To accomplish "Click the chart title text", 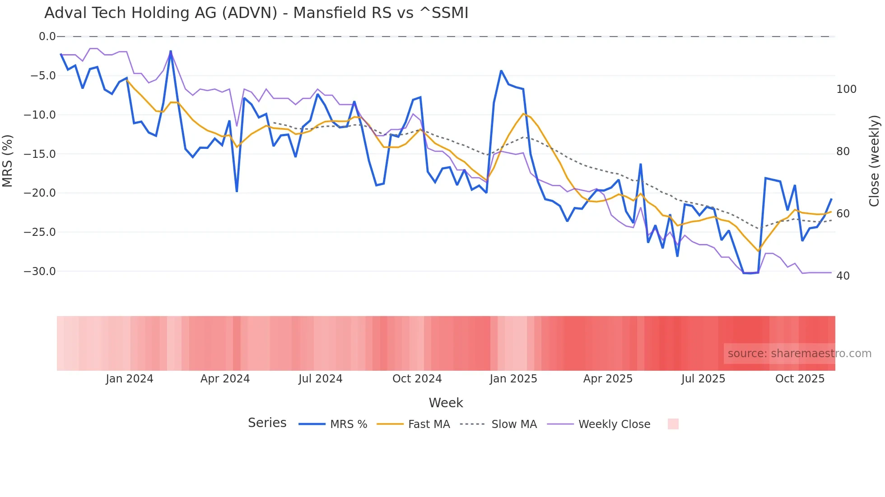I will pos(256,13).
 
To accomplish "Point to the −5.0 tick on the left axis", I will pos(43,76).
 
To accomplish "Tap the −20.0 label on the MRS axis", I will pos(40,193).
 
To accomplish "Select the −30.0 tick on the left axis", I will pos(40,272).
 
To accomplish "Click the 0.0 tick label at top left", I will pos(47,37).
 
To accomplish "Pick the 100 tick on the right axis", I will pos(846,89).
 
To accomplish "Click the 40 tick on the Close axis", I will pos(843,276).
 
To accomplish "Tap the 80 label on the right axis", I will pos(843,152).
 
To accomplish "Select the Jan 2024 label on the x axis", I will pos(130,379).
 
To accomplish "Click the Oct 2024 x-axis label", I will pos(417,379).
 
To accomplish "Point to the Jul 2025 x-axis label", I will pos(703,379).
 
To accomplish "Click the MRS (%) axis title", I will pos(7,161).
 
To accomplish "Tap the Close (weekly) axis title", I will pos(874,161).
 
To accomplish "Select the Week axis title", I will pos(446,403).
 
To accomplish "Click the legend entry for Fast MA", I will pos(429,424).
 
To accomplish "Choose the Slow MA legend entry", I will pos(514,424).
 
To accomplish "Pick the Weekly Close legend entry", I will pos(614,424).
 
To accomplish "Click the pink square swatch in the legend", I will pos(673,424).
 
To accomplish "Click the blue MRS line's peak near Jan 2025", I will pos(501,71).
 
